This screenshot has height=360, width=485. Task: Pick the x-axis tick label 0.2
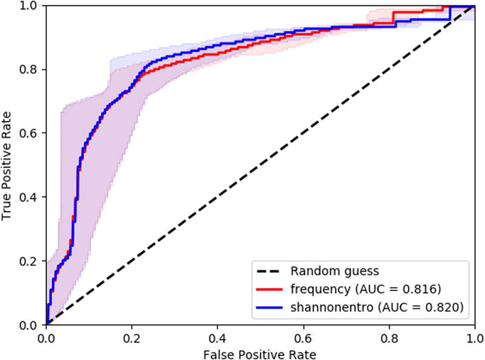click(x=132, y=337)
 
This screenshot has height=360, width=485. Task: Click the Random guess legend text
click(x=335, y=271)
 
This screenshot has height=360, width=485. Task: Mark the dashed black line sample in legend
click(x=270, y=272)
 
